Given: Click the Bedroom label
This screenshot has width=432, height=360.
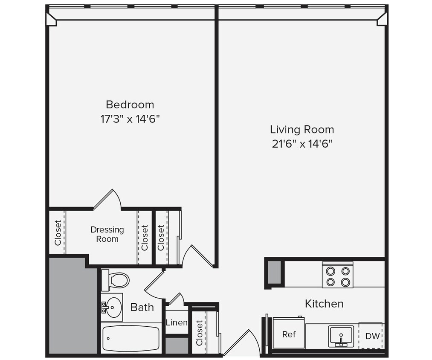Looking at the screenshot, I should point(130,105).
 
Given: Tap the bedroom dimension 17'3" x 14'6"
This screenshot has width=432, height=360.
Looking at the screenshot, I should point(130,119).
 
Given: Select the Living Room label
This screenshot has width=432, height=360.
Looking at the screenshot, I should point(302,129).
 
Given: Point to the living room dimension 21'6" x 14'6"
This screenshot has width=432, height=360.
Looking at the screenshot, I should point(302,144).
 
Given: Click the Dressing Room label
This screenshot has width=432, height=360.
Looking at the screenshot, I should point(107,234).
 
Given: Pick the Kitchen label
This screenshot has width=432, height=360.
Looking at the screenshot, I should point(324,304).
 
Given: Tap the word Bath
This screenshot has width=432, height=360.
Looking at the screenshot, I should point(142,307).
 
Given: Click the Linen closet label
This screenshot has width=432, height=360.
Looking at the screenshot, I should point(177,322).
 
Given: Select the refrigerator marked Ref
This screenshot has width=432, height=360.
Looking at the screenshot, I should point(289,334).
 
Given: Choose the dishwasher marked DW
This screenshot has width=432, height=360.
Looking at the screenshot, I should point(372,336).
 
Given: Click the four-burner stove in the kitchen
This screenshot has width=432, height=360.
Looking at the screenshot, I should point(337,276).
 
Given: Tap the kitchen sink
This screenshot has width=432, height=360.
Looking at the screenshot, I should point(341,335).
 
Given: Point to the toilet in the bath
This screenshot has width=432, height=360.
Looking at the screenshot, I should point(116,280).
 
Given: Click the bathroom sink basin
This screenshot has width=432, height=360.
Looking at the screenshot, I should point(113,307).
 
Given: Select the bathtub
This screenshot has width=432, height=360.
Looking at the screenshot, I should point(131,338).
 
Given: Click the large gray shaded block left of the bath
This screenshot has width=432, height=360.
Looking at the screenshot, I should point(72,305).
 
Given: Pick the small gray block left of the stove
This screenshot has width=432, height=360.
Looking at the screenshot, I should point(274,272).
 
